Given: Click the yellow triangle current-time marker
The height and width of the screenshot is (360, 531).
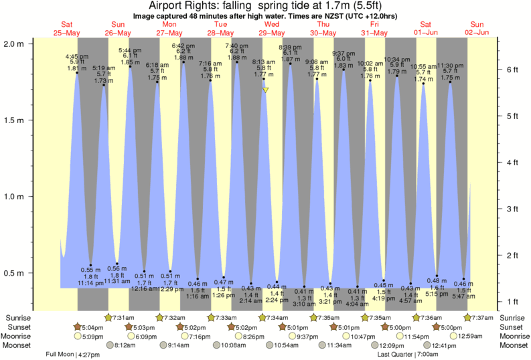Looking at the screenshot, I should [x=266, y=90].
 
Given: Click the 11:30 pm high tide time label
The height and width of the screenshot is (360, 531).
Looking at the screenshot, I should [x=450, y=66].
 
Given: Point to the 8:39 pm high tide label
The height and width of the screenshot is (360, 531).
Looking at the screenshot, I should [x=290, y=47].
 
